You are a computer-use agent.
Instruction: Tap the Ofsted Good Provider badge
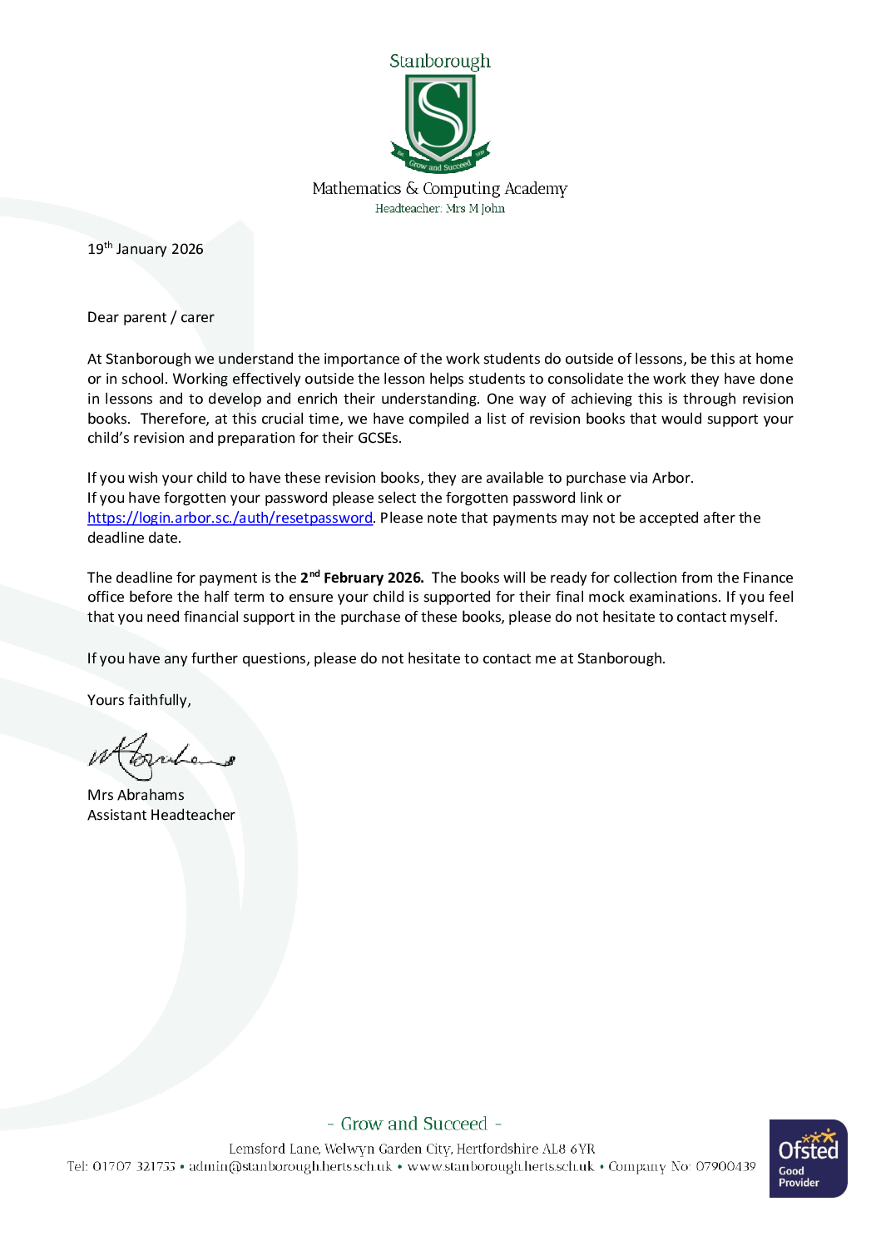808,1158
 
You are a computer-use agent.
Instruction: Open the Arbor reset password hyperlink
230,518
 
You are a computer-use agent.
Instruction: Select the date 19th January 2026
146,249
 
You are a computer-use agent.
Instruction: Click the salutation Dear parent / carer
151,317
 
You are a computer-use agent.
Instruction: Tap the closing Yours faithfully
139,700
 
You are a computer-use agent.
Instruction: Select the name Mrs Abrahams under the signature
136,795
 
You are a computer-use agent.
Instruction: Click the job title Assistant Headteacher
161,815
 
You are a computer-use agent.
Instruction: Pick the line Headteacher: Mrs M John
439,209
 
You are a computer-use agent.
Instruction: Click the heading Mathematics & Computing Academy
439,189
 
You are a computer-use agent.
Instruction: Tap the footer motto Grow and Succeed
413,1124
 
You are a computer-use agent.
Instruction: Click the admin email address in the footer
290,1167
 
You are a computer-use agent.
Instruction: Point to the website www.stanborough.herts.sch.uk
501,1167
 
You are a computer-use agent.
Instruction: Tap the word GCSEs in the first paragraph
379,438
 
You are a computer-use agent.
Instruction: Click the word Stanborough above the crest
439,62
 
